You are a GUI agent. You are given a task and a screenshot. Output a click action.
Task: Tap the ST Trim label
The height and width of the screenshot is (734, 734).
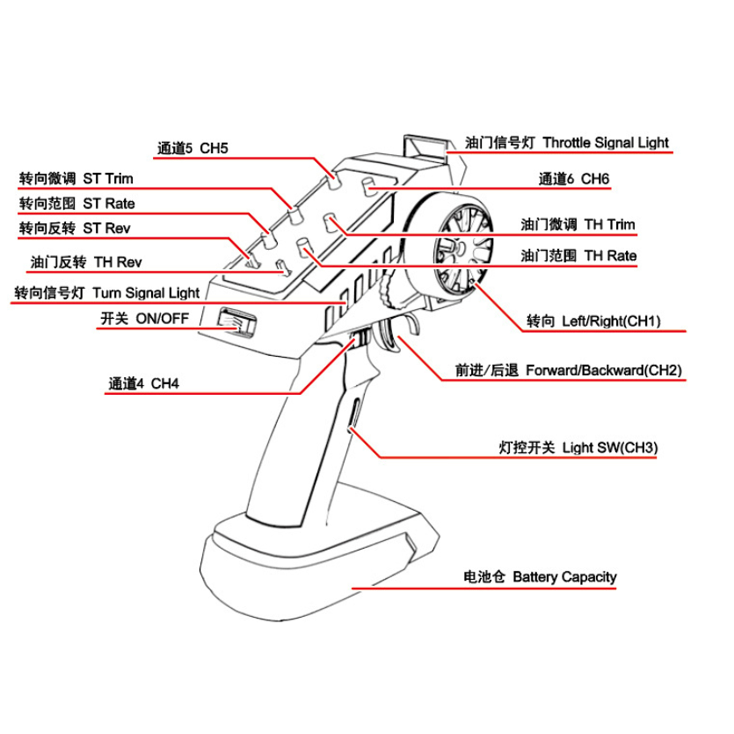point(76,178)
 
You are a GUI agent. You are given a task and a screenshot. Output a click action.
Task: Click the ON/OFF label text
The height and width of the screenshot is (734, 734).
point(144,318)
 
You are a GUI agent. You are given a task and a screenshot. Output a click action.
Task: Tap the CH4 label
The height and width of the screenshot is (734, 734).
point(144,384)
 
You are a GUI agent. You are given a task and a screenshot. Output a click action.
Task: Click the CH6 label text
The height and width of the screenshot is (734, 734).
point(574,178)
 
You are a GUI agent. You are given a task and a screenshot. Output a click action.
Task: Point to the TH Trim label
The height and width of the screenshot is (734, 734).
point(578,225)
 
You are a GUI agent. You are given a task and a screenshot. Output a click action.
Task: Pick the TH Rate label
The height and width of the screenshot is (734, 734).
point(578,256)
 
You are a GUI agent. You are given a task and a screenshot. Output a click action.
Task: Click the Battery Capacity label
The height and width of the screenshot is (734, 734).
point(540,577)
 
